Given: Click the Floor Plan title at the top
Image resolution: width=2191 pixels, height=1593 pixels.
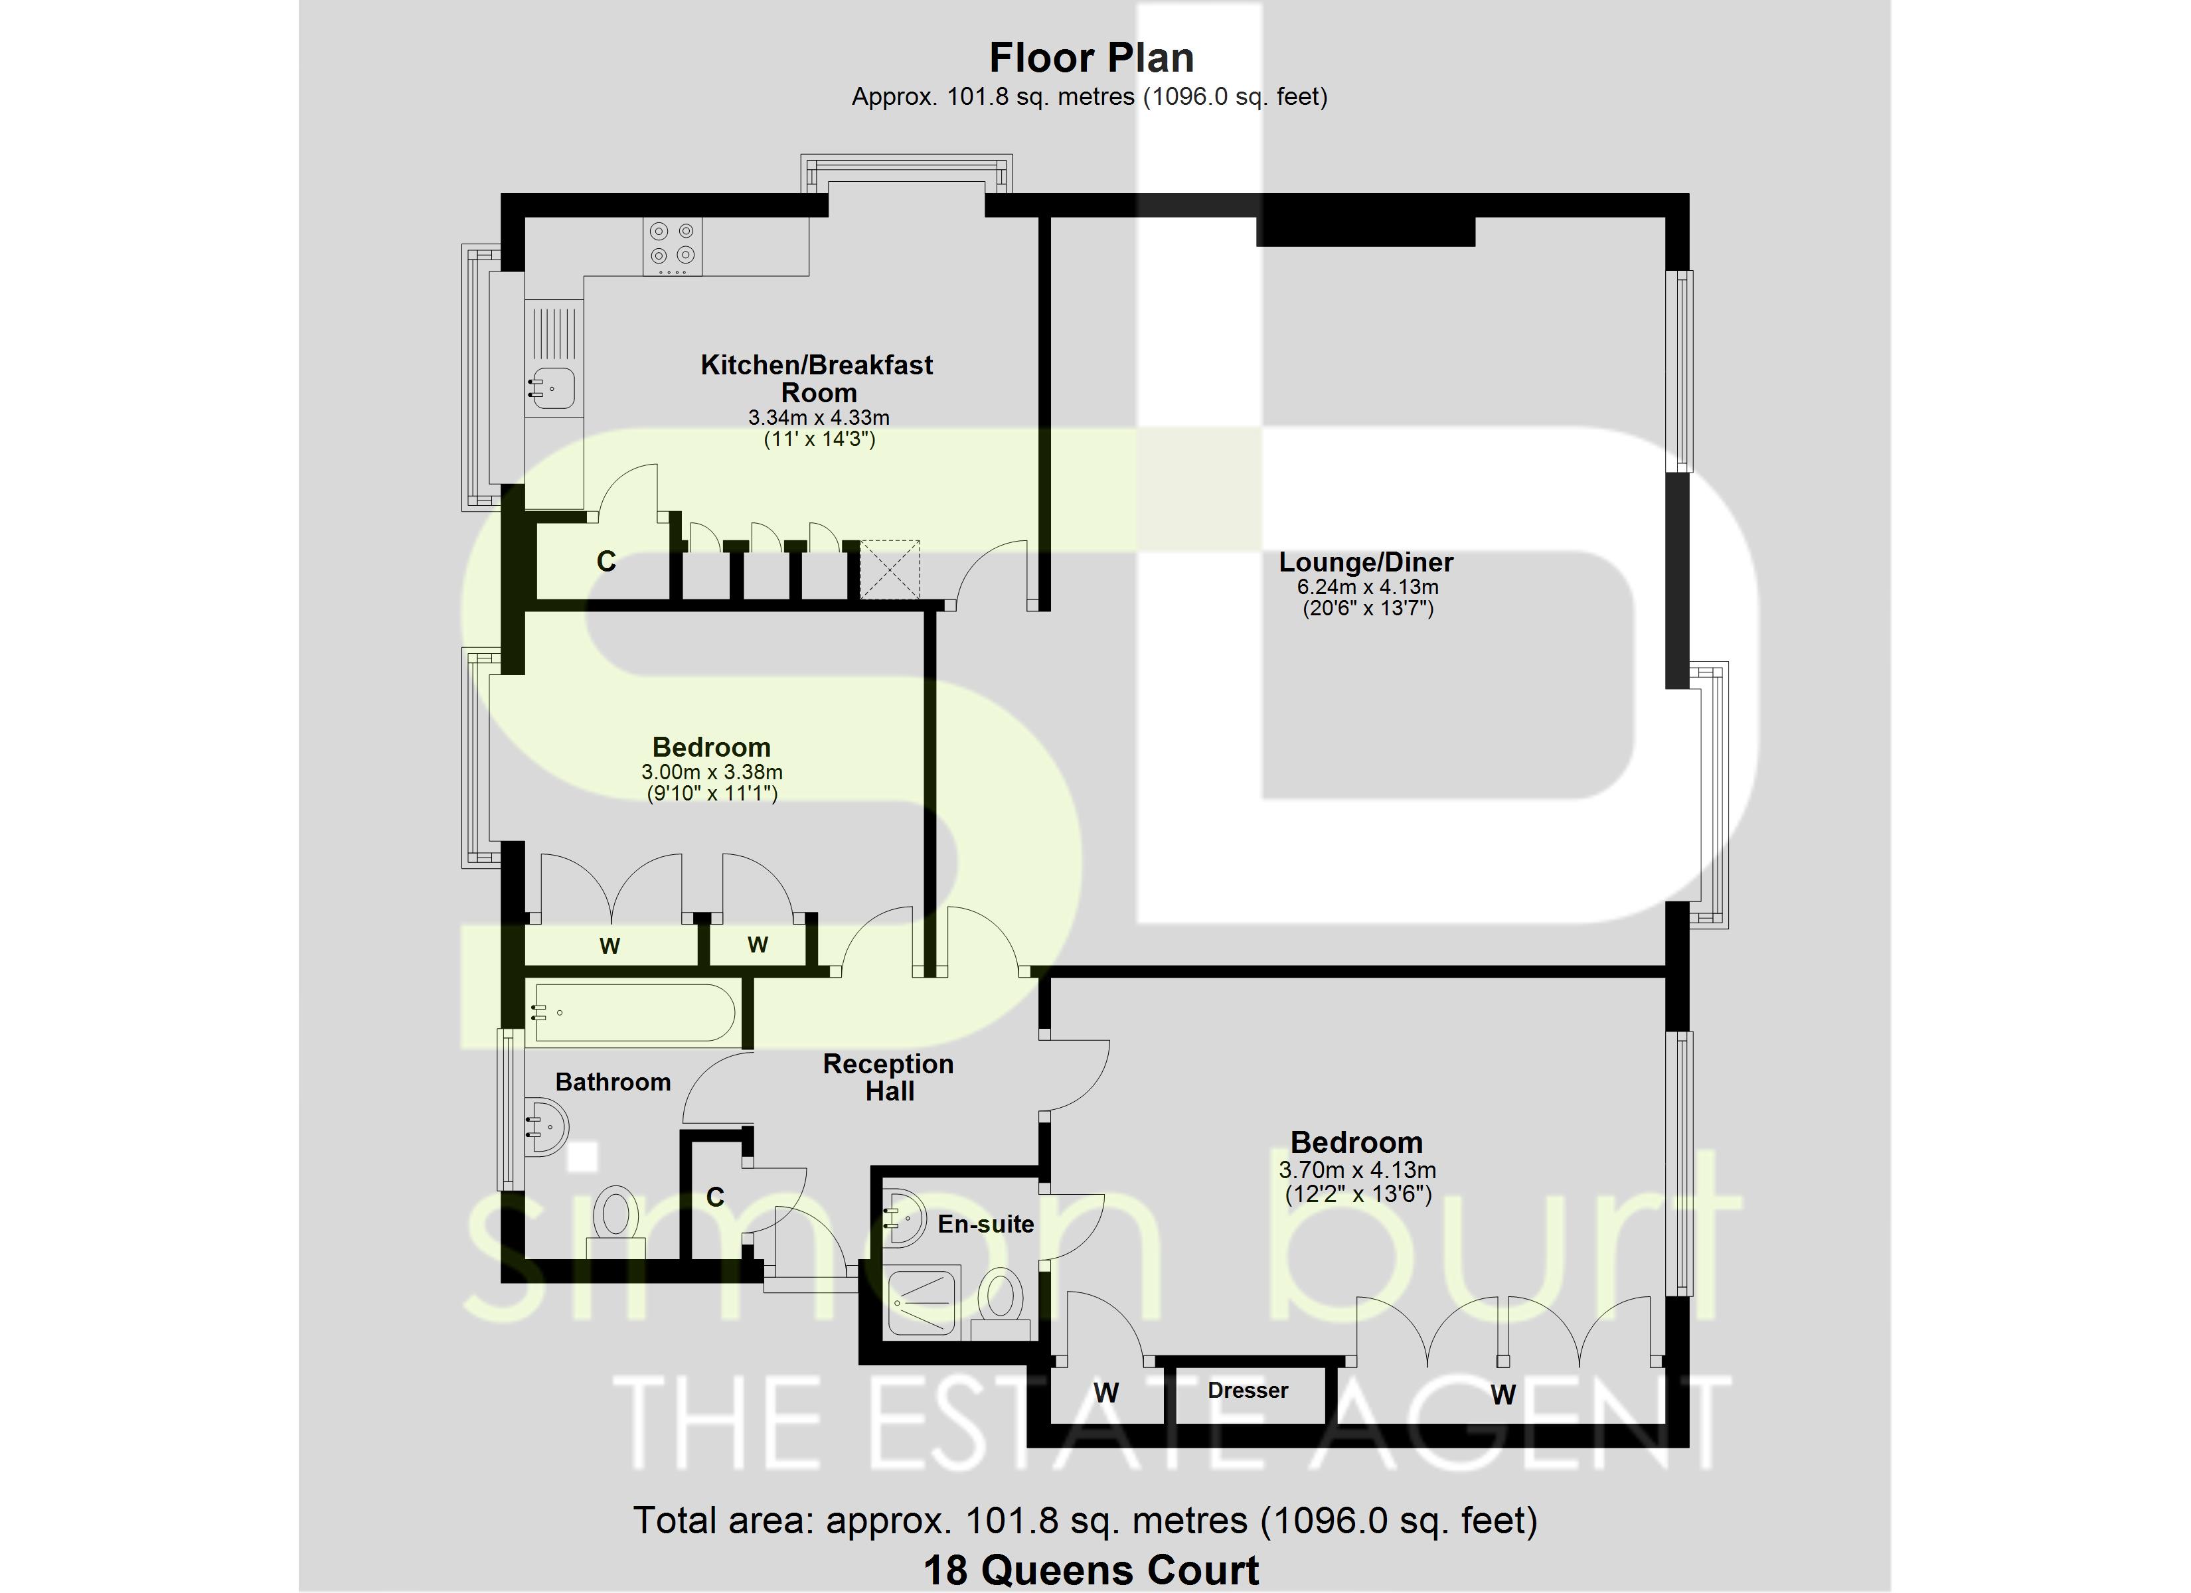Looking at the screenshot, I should point(1091,58).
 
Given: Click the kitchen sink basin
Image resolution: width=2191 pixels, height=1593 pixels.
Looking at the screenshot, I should point(552,388).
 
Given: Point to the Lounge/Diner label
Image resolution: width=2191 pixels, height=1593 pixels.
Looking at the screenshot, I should point(1366,562).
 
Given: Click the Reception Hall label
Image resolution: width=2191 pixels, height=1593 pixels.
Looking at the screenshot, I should point(889,1077).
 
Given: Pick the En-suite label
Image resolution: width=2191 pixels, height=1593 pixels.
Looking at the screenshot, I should point(985,1224).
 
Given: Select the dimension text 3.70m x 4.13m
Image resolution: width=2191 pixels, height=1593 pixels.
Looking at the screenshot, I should point(1357,1170).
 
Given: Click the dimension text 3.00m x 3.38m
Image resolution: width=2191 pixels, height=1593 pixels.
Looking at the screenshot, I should point(712,773).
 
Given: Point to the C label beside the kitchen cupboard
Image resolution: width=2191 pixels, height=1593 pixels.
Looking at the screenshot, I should point(606,562).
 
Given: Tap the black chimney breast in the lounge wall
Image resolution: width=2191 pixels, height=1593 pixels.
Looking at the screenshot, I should point(1365,231).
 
